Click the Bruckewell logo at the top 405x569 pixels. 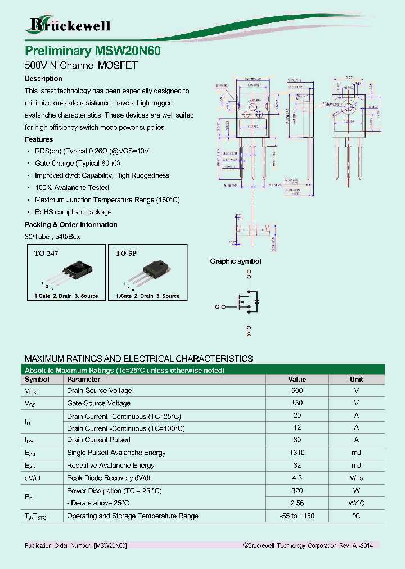(69, 25)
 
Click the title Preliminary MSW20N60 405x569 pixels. (93, 51)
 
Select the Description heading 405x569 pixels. (43, 79)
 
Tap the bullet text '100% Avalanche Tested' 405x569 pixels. (72, 188)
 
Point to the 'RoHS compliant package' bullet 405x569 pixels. (73, 212)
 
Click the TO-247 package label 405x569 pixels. (46, 254)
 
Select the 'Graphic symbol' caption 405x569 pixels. (236, 261)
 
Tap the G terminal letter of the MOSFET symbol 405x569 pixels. (217, 307)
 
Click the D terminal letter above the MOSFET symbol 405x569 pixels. (249, 272)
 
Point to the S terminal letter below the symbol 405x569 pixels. (249, 335)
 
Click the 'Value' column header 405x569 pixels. (297, 380)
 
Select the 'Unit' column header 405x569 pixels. (356, 380)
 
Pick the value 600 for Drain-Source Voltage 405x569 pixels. (297, 391)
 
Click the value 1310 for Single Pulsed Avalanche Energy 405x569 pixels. (297, 453)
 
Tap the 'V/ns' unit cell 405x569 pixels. (356, 478)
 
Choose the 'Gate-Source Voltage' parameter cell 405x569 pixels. (98, 403)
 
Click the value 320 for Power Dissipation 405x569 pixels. (297, 491)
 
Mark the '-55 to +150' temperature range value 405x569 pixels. (297, 516)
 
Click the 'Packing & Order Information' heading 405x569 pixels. (71, 225)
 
